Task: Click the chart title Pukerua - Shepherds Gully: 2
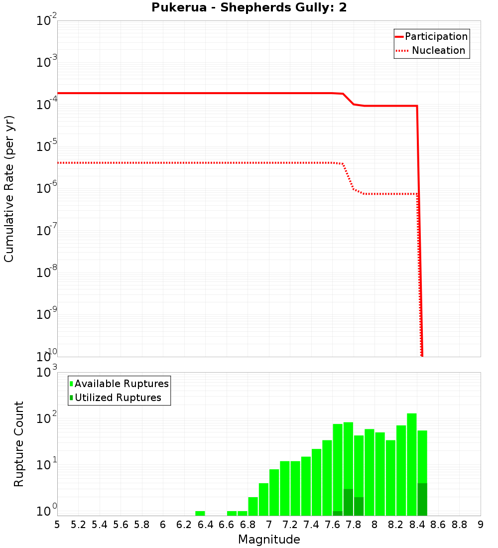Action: [x=249, y=7]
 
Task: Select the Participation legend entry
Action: [x=436, y=36]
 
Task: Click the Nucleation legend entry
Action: [x=438, y=50]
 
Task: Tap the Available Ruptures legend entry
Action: [x=122, y=384]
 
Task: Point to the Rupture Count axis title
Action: [x=19, y=444]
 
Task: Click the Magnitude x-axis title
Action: [x=269, y=540]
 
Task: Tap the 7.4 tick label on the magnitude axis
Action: [x=311, y=525]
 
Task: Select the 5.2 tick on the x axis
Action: [x=79, y=525]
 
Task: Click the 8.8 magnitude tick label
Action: [x=459, y=525]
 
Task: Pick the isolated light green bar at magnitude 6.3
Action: [x=200, y=513]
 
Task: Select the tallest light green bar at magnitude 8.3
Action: [x=412, y=463]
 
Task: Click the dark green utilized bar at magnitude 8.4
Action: [x=422, y=499]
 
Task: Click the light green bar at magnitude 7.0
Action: [x=274, y=492]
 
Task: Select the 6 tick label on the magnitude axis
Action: [x=163, y=525]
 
